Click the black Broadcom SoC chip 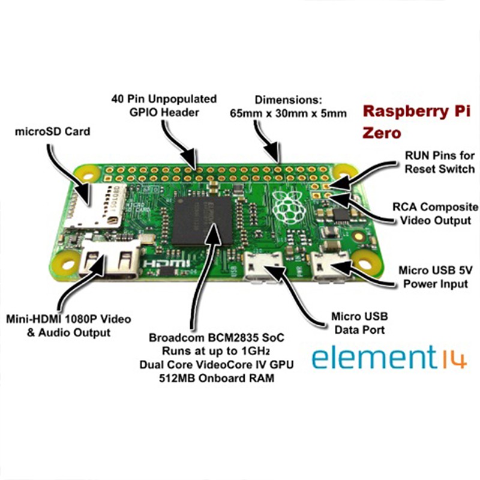click(202, 220)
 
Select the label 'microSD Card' click(52, 131)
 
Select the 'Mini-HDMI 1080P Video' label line click(68, 319)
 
